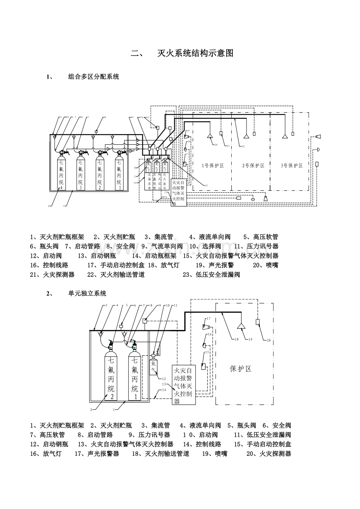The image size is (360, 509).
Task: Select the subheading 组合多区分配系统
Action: tap(94, 77)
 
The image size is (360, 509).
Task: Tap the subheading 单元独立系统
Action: tap(87, 293)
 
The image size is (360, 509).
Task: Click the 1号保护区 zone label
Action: tap(213, 165)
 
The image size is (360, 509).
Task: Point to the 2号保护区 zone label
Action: tap(253, 165)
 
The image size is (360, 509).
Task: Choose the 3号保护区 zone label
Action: tap(292, 165)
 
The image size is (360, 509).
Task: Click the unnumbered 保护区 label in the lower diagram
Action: tap(240, 369)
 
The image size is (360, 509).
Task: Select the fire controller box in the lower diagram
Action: tap(184, 385)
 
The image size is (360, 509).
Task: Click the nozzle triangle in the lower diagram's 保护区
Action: tap(241, 326)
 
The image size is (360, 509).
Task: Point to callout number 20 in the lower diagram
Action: tap(269, 340)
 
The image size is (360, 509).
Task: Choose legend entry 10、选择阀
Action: tap(205, 246)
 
